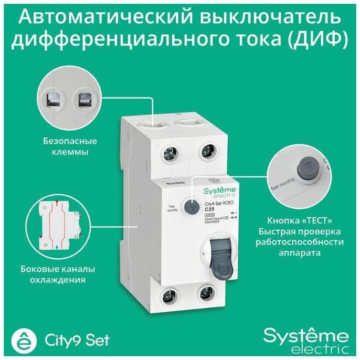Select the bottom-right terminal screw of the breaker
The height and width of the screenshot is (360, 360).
click(x=206, y=292)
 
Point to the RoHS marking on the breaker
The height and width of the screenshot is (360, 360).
click(x=171, y=183)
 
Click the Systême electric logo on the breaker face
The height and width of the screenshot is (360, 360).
click(x=217, y=193)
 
